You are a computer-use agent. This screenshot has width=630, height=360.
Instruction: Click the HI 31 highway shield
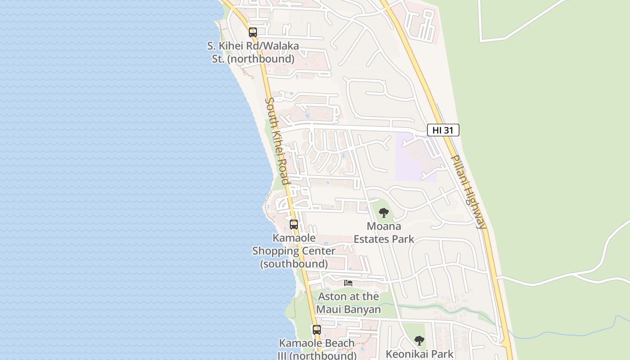443,130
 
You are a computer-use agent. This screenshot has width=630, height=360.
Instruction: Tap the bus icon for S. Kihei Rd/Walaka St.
253,32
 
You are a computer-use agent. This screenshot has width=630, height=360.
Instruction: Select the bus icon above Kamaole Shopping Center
294,224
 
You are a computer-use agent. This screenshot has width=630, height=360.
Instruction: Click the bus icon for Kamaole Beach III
317,330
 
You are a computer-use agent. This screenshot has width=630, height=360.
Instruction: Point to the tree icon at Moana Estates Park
383,213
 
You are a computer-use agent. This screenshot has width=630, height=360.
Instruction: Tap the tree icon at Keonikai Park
419,341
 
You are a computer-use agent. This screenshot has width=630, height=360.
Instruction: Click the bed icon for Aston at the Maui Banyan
348,283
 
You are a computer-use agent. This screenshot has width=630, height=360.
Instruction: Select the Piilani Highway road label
469,192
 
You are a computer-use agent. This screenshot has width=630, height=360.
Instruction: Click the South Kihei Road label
277,141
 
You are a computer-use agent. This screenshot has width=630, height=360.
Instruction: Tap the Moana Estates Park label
384,232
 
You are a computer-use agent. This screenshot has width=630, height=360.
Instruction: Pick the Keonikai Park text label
419,354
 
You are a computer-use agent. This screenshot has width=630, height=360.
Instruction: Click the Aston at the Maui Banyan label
348,303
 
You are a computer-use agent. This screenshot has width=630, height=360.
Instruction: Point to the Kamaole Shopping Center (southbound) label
294,251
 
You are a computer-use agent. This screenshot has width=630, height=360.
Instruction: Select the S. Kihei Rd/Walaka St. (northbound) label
253,52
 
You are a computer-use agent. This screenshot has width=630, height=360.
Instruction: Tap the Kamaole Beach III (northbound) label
317,349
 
